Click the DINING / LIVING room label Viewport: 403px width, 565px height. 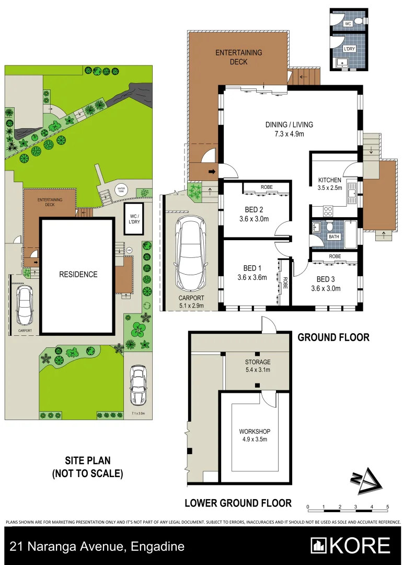[289, 125]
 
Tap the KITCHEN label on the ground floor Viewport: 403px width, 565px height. [330, 180]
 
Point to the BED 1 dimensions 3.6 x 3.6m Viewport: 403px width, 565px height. [252, 277]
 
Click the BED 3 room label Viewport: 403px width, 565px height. [326, 279]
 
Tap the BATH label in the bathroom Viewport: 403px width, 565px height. [333, 236]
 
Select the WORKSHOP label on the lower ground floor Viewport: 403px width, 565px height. [255, 431]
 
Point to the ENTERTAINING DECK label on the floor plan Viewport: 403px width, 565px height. [239, 56]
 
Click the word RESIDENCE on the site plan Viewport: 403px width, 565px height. [78, 274]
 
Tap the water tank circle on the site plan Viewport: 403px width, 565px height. [121, 189]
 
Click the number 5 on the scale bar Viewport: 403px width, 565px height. [387, 507]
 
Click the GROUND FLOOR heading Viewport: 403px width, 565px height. [333, 337]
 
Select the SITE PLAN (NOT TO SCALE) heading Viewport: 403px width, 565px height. [87, 468]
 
